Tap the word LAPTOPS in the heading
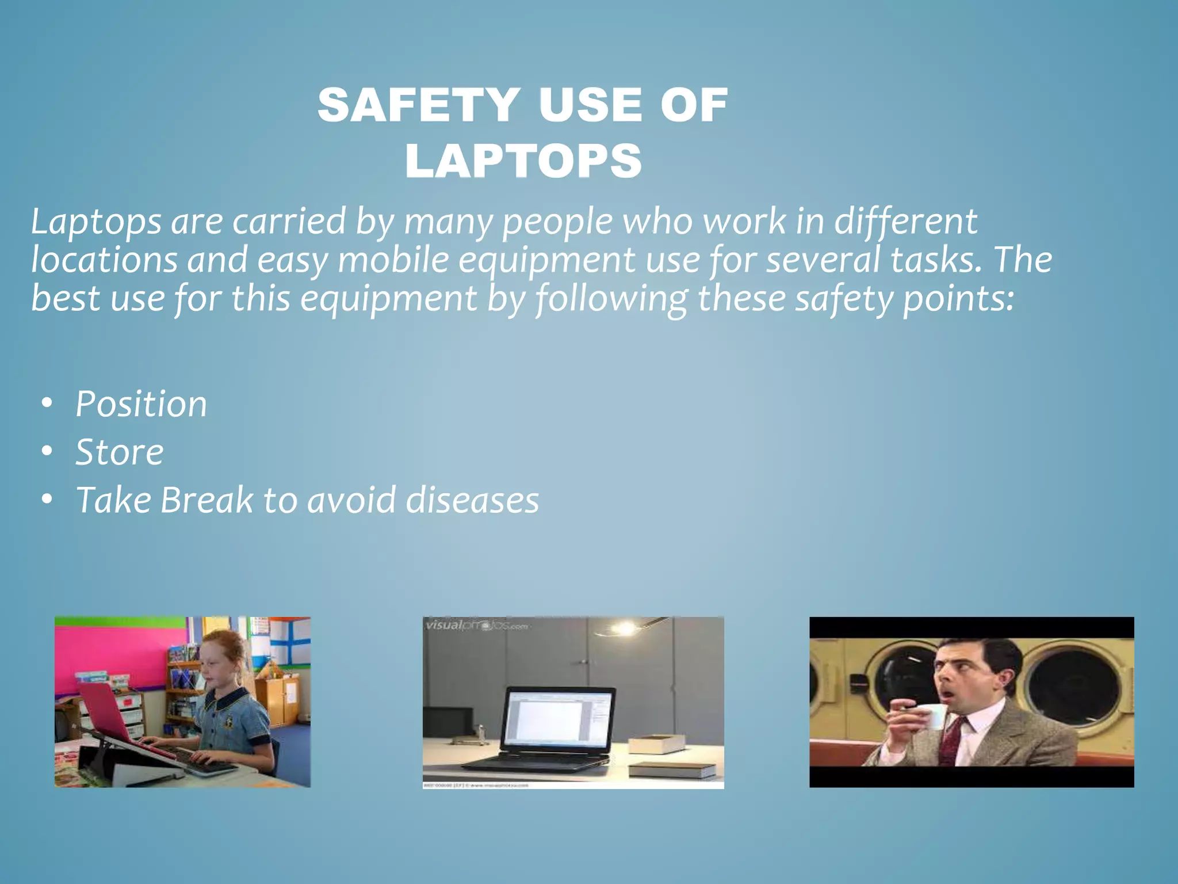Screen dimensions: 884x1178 523,161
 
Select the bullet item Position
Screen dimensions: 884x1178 141,403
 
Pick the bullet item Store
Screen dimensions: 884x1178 120,452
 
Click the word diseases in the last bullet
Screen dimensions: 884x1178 472,500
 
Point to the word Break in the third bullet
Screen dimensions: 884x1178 206,500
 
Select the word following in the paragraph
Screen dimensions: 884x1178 611,298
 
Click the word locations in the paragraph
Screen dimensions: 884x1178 104,260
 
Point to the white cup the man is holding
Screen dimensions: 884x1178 932,717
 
